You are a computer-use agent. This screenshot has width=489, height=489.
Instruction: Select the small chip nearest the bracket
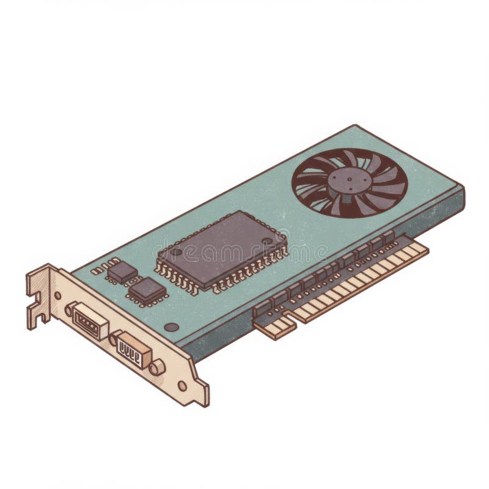click(121, 272)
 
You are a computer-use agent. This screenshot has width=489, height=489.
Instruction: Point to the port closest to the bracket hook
click(89, 320)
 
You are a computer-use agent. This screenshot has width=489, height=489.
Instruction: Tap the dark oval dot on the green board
click(172, 327)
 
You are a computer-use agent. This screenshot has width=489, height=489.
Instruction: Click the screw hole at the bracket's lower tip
click(182, 386)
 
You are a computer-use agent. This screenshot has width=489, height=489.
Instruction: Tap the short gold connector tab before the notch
click(273, 328)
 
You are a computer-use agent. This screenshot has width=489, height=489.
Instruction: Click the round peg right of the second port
click(157, 367)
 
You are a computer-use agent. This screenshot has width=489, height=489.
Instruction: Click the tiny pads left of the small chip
click(99, 269)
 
